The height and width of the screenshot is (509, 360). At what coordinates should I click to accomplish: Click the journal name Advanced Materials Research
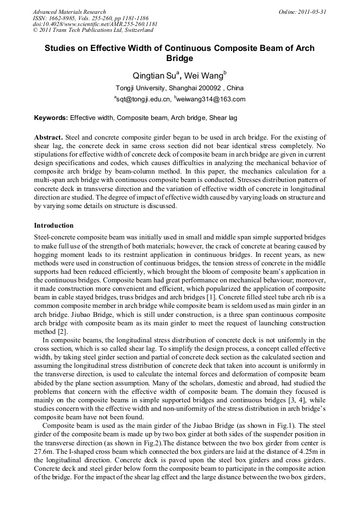click(69, 12)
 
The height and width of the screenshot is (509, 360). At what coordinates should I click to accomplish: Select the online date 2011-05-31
click(310, 12)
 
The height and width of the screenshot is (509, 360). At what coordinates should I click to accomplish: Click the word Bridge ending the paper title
click(179, 58)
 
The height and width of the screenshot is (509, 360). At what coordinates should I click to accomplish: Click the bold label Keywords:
click(51, 117)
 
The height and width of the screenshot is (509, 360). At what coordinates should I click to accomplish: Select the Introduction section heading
click(54, 226)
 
